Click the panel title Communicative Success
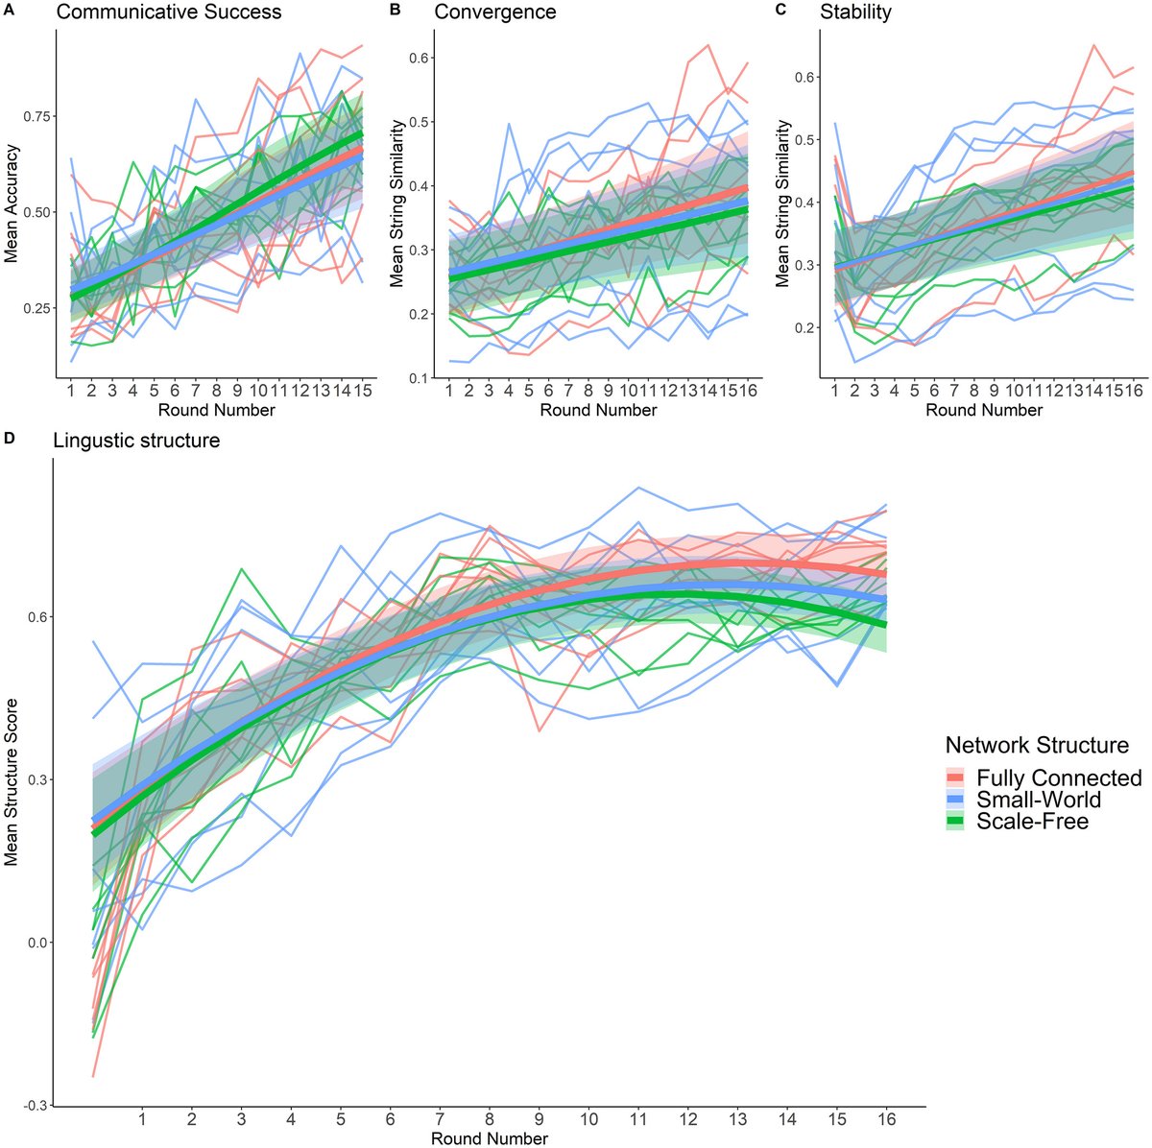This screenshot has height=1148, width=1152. pyautogui.click(x=168, y=12)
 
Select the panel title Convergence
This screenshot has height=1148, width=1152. pyautogui.click(x=494, y=12)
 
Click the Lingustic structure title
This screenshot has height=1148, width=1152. pyautogui.click(x=135, y=441)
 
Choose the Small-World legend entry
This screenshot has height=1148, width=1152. pyautogui.click(x=1039, y=800)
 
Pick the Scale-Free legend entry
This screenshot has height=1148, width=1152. pyautogui.click(x=1032, y=821)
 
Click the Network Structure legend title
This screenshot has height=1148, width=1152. pyautogui.click(x=1037, y=746)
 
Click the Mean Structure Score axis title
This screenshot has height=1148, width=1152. pyautogui.click(x=12, y=782)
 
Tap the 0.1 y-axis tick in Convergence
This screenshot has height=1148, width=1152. pyautogui.click(x=416, y=378)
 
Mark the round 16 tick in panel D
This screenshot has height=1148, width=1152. pyautogui.click(x=884, y=1119)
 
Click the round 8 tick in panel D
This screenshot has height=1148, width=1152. pyautogui.click(x=489, y=1119)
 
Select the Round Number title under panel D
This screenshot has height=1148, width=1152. pyautogui.click(x=490, y=1138)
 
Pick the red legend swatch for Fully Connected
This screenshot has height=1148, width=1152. pyautogui.click(x=956, y=777)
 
